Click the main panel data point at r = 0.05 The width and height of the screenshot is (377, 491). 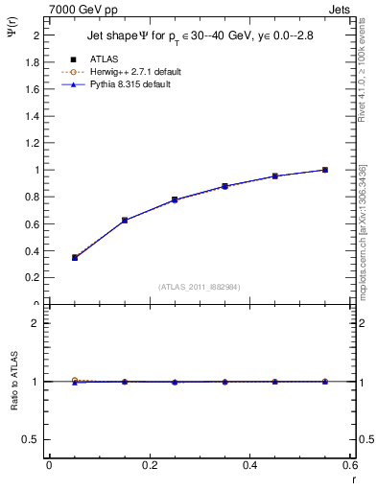coord(74,257)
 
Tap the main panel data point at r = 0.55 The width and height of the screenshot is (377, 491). coord(325,170)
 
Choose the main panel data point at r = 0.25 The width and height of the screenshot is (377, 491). coord(175,199)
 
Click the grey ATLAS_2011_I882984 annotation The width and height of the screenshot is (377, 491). coord(200,287)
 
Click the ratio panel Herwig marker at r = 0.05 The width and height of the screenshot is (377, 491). coord(74,380)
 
